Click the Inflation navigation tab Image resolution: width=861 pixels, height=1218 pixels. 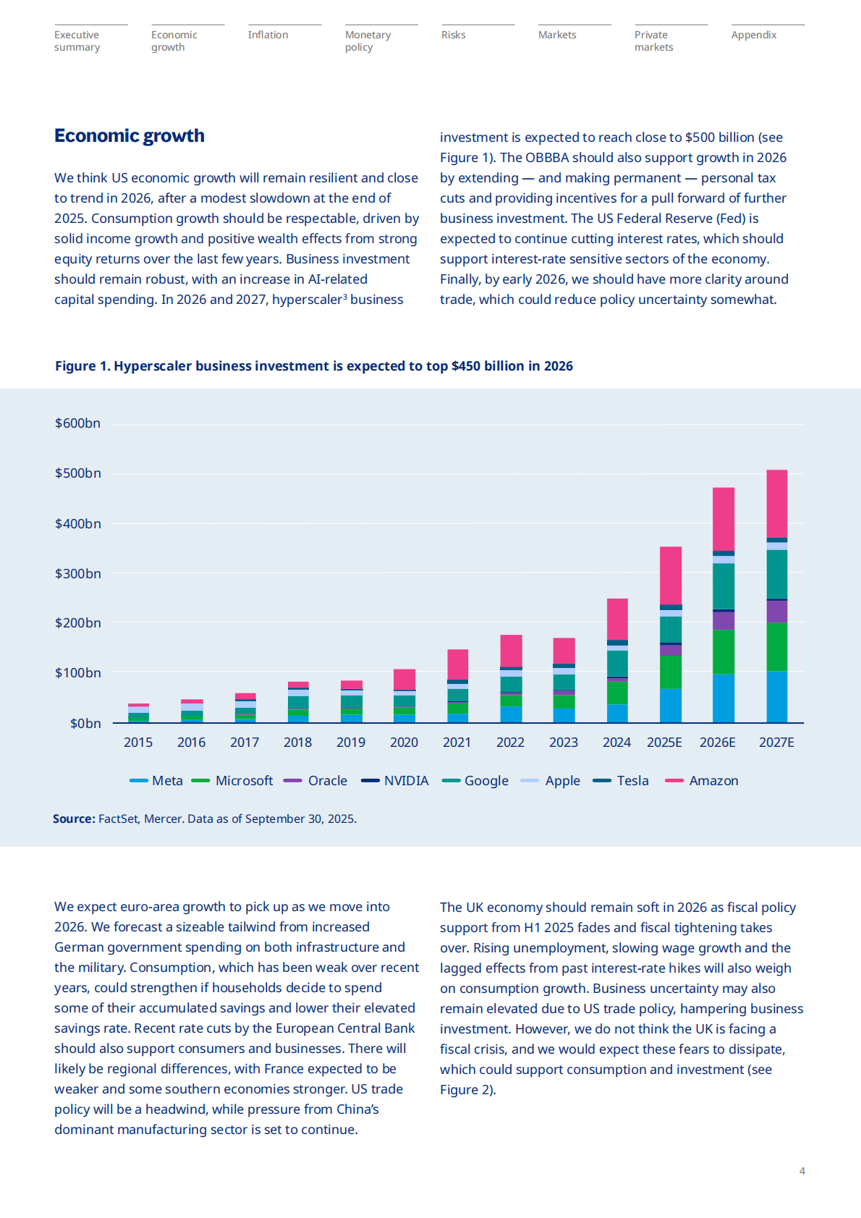tap(268, 35)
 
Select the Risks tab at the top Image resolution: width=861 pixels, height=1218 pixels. tap(454, 35)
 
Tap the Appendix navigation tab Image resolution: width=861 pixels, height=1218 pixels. tap(753, 35)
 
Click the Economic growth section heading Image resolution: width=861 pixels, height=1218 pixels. tap(130, 136)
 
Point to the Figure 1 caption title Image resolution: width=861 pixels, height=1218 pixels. tap(313, 366)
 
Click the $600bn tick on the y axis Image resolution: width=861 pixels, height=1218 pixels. tap(77, 423)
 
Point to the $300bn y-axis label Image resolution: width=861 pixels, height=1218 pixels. tap(77, 574)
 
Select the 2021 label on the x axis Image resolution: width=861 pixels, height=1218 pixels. tap(457, 743)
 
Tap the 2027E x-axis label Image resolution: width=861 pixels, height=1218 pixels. tap(776, 743)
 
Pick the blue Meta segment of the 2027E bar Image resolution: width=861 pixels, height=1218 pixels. tap(777, 696)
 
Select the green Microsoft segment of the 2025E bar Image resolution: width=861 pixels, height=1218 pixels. tap(671, 672)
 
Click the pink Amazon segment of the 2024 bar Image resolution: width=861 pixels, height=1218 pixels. tap(617, 619)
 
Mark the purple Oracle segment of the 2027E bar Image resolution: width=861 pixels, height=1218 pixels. tap(777, 612)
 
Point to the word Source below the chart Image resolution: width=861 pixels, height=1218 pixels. tap(74, 819)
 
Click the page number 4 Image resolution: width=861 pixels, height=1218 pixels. tap(802, 1171)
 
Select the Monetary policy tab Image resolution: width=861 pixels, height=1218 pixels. tap(368, 41)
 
